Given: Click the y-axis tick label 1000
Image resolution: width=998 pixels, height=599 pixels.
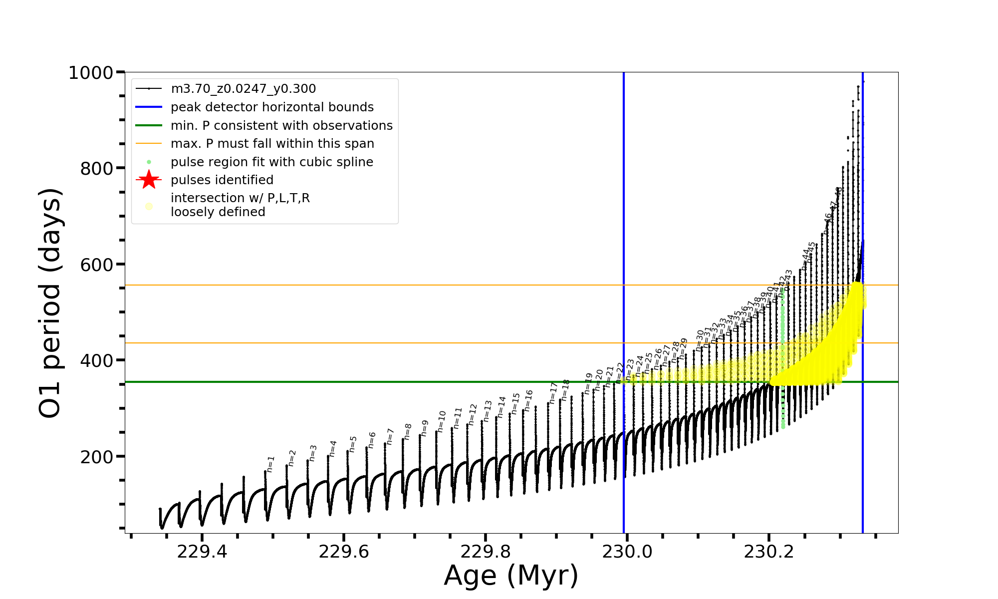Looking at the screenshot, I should (91, 73).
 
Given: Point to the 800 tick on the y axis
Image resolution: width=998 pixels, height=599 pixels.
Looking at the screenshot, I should (97, 169).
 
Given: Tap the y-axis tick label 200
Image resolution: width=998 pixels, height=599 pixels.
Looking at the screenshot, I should (97, 457).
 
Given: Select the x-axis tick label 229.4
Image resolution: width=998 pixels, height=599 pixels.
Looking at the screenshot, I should (202, 552).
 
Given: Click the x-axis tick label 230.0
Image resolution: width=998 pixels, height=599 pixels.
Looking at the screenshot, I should (627, 552).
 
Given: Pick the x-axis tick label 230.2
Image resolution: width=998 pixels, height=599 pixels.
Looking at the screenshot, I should (769, 552).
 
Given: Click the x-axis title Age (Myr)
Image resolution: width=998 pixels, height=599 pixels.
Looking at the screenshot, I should (511, 576).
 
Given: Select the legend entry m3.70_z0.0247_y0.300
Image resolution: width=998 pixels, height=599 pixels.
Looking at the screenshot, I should (243, 89).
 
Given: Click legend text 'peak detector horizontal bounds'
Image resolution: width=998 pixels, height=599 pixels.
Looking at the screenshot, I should (272, 107).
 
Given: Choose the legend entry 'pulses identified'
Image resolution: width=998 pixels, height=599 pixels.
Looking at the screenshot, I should (222, 180).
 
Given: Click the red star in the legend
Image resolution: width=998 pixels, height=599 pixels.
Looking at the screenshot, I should (149, 180).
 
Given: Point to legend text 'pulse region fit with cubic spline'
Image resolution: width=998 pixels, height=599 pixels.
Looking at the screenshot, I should (272, 162).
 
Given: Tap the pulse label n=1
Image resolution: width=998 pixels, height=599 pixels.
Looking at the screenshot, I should (270, 464).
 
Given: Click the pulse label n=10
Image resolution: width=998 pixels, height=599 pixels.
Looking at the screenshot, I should (442, 421).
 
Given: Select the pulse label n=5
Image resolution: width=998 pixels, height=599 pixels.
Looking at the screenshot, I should (353, 444).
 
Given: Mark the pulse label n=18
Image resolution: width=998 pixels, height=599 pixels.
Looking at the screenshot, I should (565, 390).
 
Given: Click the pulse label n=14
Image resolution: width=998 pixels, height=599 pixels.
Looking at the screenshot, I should (501, 407).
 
